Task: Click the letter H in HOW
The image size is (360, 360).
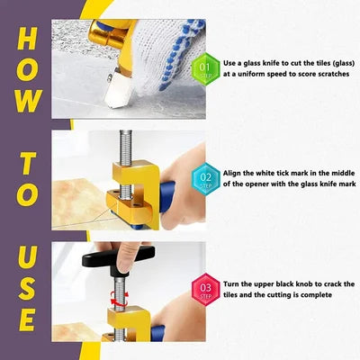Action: coord(28,40)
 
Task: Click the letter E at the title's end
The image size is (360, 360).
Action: coord(28,319)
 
